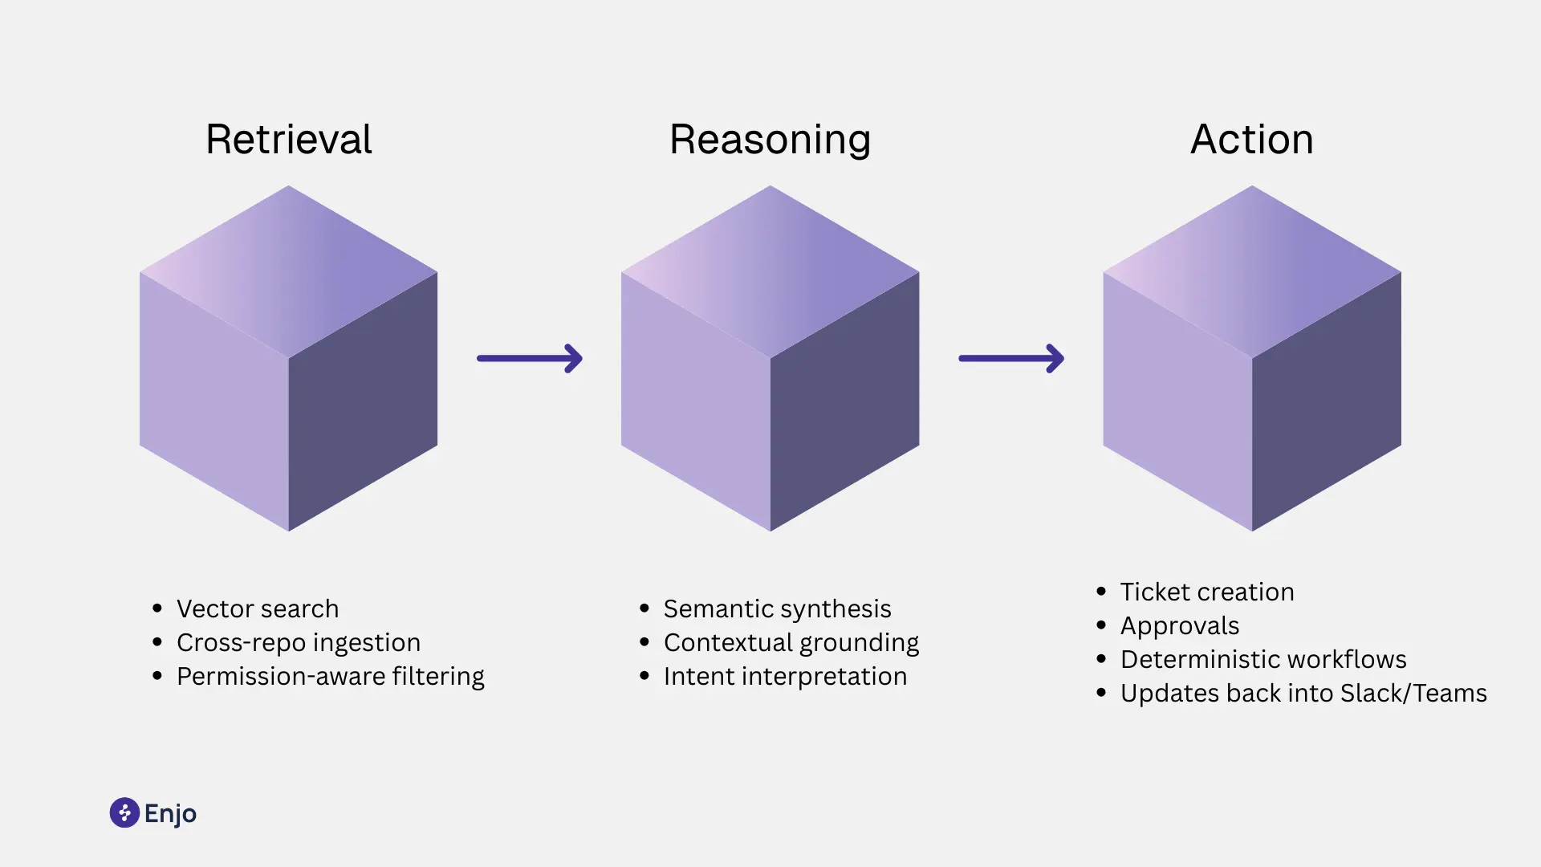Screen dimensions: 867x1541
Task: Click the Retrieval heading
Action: [x=288, y=140]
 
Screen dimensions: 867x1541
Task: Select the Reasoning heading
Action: [x=770, y=140]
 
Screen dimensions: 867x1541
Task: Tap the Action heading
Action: [x=1251, y=140]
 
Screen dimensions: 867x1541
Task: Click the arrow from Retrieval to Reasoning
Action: [x=530, y=358]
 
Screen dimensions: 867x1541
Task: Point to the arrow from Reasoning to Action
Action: [x=1011, y=358]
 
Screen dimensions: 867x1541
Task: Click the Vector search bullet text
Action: [x=258, y=609]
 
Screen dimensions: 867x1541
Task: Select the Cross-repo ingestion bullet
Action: [x=298, y=642]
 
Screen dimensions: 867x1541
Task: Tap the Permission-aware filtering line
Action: [x=330, y=676]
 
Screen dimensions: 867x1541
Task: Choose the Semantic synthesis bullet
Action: [x=777, y=609]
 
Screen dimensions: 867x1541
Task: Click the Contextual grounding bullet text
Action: [x=791, y=642]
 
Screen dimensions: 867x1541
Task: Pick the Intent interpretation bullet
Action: [x=785, y=676]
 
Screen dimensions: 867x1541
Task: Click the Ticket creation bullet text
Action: [x=1206, y=592]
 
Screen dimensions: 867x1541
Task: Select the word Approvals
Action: [x=1179, y=625]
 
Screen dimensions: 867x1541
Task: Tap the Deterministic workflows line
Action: [x=1262, y=659]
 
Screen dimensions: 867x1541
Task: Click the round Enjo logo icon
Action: [x=124, y=812]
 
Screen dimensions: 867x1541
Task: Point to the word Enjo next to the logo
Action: [x=170, y=813]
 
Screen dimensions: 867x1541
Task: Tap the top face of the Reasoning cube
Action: [x=770, y=271]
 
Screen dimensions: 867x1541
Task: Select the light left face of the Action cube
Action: [x=1177, y=401]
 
